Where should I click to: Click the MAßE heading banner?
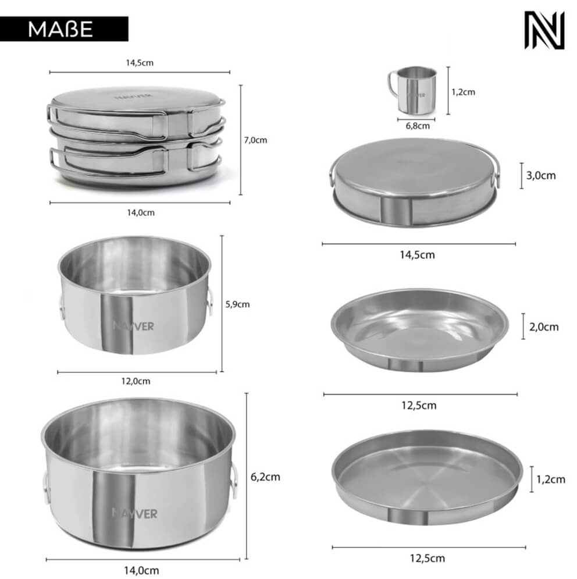tap(64, 29)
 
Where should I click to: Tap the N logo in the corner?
tap(544, 30)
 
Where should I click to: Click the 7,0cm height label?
tap(255, 140)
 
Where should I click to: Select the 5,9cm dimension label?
tap(237, 304)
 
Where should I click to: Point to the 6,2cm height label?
tap(265, 477)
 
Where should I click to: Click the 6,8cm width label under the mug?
tap(418, 126)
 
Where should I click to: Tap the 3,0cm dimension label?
tap(541, 175)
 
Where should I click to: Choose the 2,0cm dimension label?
tap(544, 327)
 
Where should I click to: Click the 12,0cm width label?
tap(136, 381)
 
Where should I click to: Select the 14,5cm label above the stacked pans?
tap(140, 63)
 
